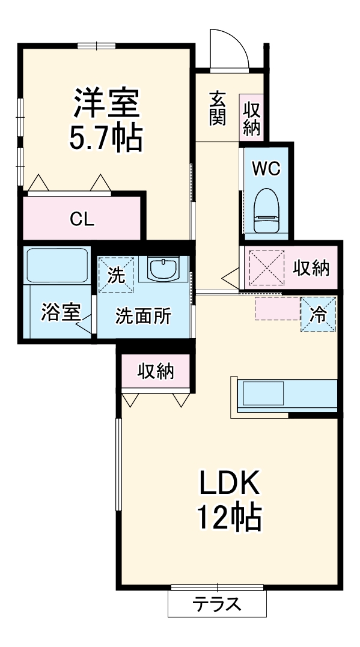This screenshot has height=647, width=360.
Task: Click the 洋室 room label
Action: [x=107, y=104]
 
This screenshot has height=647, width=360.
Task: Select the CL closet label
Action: [x=82, y=219]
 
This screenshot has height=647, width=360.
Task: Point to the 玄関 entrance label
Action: [x=218, y=108]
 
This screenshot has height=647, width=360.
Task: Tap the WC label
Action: [x=266, y=169]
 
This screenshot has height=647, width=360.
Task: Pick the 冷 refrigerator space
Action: [x=317, y=314]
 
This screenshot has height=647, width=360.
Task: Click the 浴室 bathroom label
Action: [x=61, y=313]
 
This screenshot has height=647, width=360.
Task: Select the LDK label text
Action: [x=228, y=482]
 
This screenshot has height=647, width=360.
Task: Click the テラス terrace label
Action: [x=216, y=604]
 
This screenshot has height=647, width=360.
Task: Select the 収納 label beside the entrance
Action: [x=251, y=118]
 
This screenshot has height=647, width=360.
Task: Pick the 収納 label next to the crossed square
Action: [x=311, y=269]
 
